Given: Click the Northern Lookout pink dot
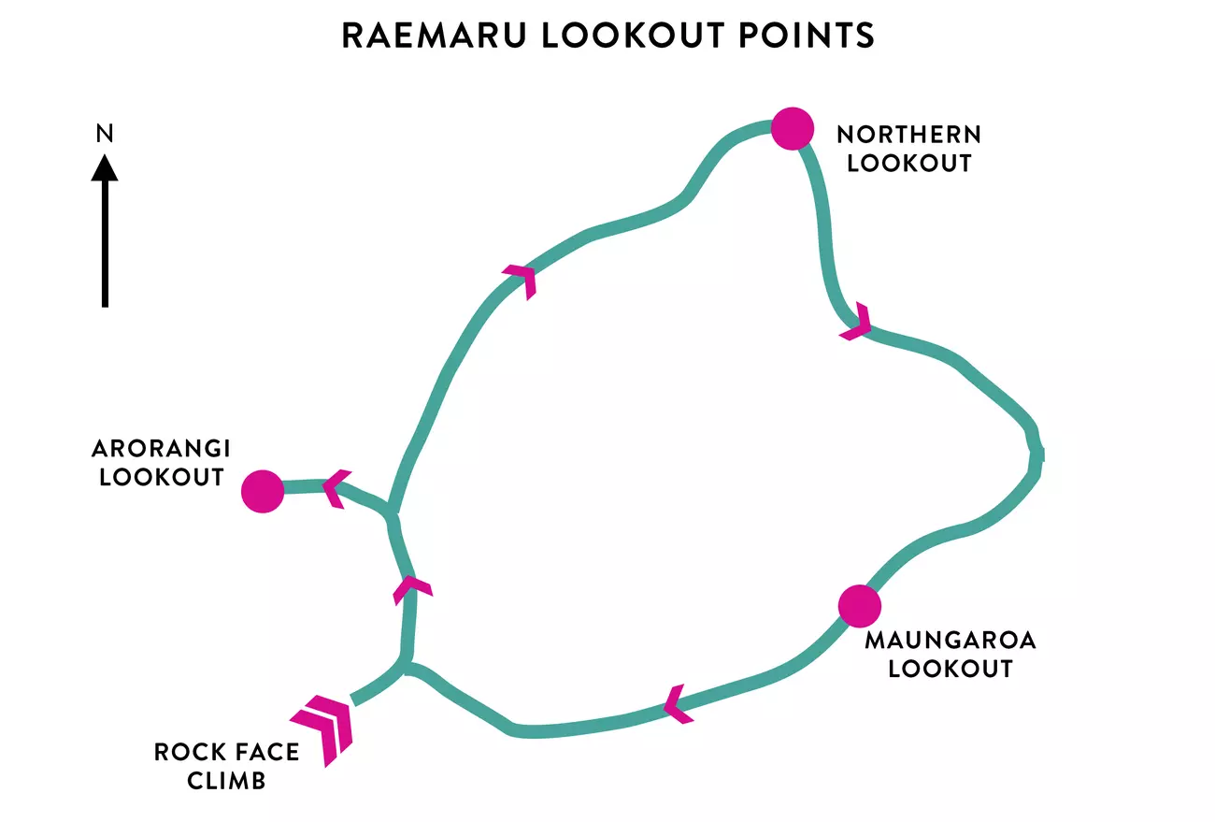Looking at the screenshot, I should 793,128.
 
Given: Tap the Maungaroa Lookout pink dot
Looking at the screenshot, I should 859,606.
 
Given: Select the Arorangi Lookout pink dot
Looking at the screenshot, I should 262,491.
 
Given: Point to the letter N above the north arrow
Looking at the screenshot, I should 105,134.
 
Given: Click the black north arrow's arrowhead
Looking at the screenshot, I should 105,168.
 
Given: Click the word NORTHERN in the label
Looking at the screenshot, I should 908,135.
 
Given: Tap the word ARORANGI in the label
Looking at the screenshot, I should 161,448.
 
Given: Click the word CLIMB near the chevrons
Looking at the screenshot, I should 226,780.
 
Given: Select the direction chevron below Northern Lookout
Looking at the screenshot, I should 858,323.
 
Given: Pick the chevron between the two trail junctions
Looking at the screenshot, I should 412,587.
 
